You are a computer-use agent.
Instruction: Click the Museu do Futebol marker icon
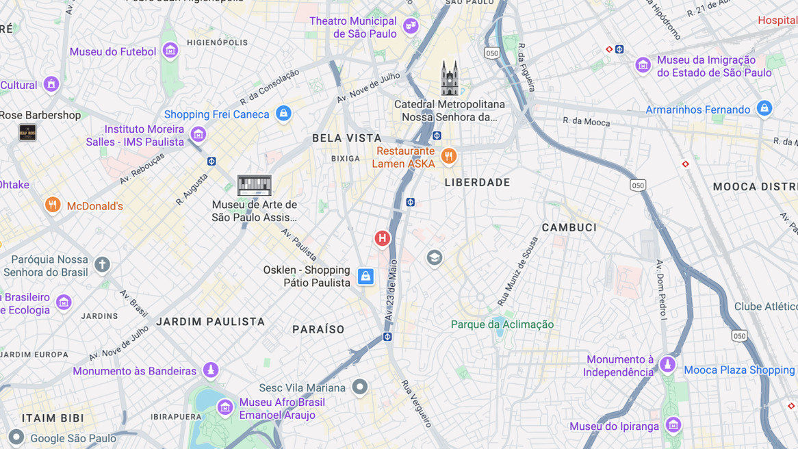[x=170, y=50]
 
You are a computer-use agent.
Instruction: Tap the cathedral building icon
[x=450, y=78]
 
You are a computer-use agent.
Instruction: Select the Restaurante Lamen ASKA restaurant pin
[x=448, y=156]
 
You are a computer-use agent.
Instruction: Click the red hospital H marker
[x=382, y=238]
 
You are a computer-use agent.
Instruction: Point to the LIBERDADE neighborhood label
[x=477, y=183]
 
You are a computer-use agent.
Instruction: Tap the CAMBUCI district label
[x=569, y=228]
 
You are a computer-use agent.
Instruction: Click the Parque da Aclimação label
[x=502, y=324]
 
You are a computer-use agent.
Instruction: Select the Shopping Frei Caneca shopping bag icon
[x=283, y=113]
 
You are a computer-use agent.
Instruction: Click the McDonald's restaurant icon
[x=53, y=205]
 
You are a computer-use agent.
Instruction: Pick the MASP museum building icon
[x=255, y=185]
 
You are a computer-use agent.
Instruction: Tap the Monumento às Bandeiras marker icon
[x=211, y=370]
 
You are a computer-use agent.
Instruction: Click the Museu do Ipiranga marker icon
[x=673, y=425]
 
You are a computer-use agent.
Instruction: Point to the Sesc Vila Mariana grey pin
[x=359, y=387]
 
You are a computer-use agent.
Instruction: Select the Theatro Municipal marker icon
[x=411, y=26]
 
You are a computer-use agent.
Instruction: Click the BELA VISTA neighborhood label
[x=347, y=138]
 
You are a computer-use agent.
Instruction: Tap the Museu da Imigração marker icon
[x=643, y=65]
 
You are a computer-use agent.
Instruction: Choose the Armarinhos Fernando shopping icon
[x=764, y=108]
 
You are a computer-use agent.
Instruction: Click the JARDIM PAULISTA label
[x=210, y=322]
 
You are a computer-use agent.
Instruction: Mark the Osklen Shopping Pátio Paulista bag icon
[x=365, y=276]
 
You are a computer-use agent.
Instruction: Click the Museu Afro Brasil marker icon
[x=224, y=407]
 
